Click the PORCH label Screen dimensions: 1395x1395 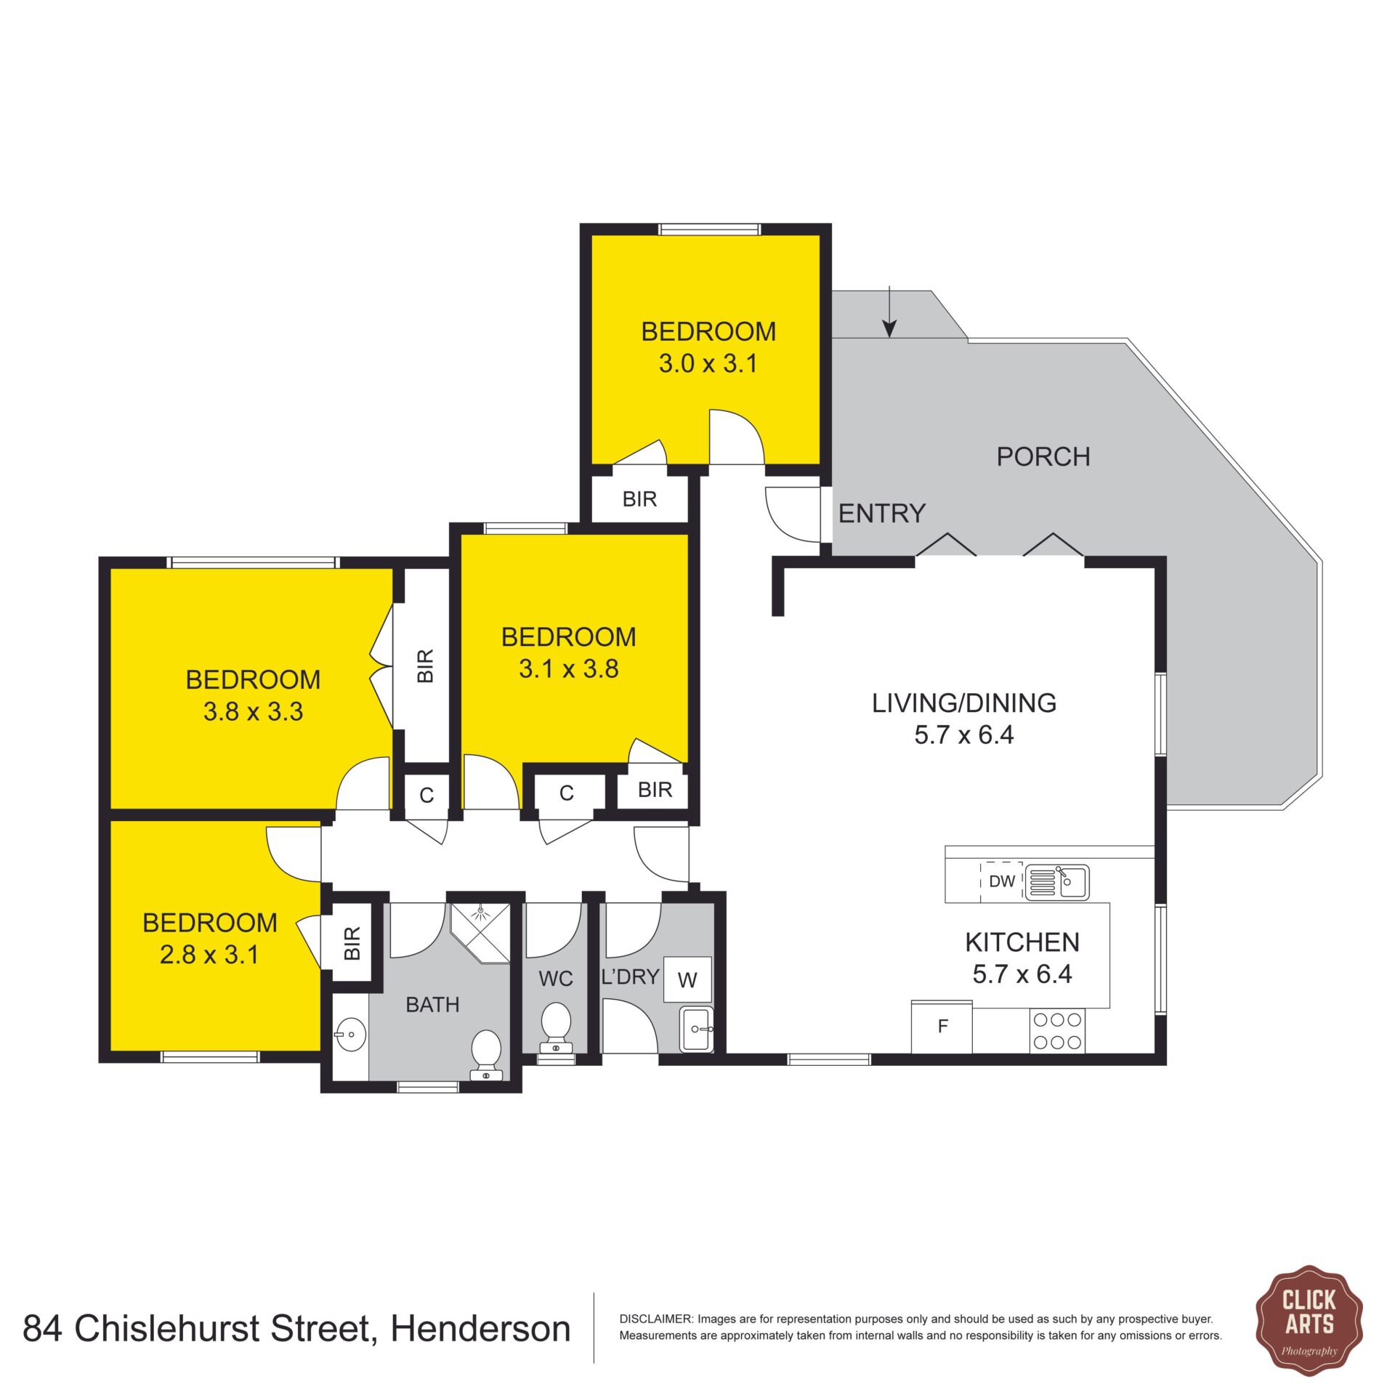1043,456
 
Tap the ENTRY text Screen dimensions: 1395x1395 881,514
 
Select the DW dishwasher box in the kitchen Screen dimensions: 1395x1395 1002,881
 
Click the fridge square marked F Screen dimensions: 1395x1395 942,1027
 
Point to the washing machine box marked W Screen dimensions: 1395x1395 687,979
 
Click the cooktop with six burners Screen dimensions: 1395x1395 1056,1031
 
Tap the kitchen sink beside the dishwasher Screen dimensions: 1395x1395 1057,882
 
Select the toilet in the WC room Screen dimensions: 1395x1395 557,1027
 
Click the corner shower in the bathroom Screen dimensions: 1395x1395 480,932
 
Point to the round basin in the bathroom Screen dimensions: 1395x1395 351,1032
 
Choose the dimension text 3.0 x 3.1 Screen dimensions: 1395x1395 708,363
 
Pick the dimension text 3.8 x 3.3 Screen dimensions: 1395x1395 253,711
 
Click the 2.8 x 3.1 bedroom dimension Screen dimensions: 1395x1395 209,954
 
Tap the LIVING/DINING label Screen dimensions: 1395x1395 964,703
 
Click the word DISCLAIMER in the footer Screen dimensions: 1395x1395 655,1319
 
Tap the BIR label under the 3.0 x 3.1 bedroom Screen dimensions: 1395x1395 639,499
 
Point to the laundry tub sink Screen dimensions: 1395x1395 697,1029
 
